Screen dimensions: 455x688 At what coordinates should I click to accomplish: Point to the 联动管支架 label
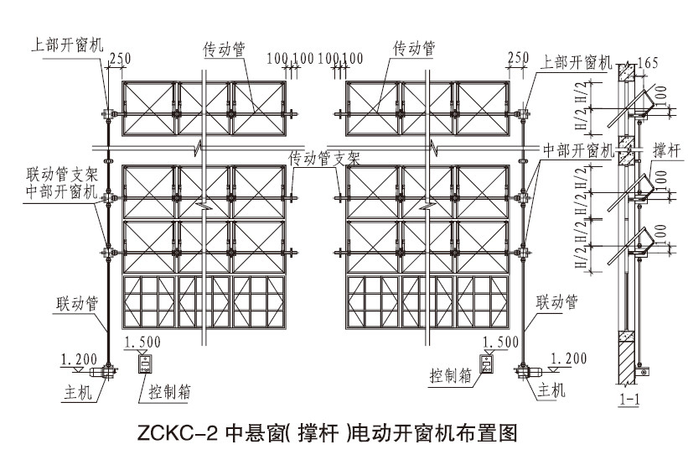[x=64, y=176]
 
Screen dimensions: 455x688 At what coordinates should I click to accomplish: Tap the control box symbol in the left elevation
[x=145, y=363]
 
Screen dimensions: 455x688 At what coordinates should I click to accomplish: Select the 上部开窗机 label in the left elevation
[x=69, y=44]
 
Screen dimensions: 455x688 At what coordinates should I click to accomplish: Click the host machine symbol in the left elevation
[x=106, y=370]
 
